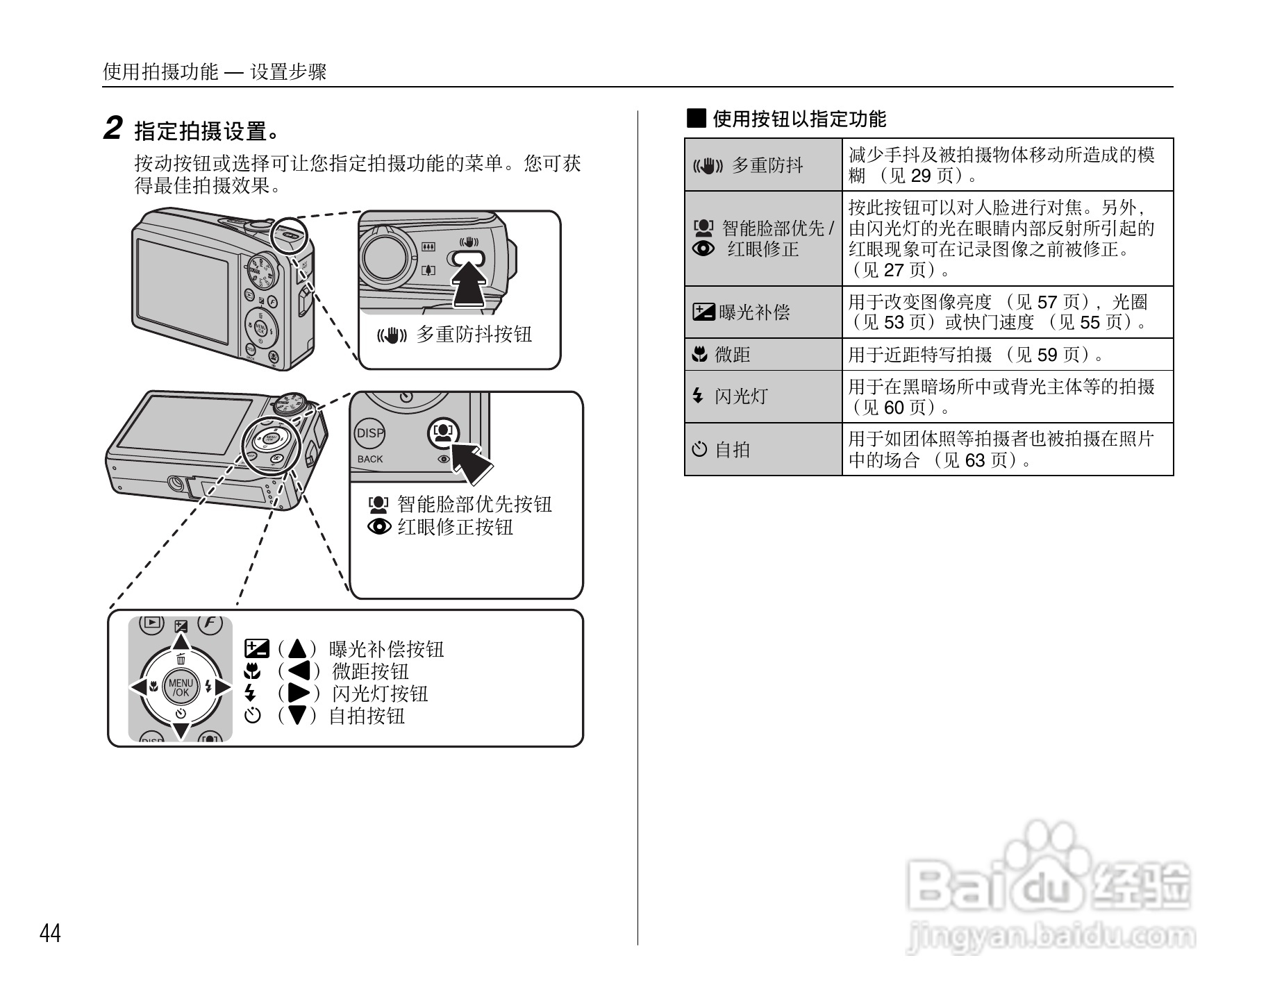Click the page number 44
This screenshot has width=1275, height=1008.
pyautogui.click(x=50, y=934)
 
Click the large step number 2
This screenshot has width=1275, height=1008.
pyautogui.click(x=113, y=129)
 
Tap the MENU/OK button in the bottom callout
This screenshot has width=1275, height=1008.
pyautogui.click(x=181, y=687)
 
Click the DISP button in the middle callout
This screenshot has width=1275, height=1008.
pyautogui.click(x=369, y=434)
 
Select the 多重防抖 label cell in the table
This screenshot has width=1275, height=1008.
pyautogui.click(x=763, y=165)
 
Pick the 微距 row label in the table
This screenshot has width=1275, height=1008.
pyautogui.click(x=763, y=355)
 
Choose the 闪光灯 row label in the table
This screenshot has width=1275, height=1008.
pyautogui.click(x=763, y=396)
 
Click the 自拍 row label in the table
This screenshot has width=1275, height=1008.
pyautogui.click(x=763, y=450)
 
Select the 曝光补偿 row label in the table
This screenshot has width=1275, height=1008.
pyautogui.click(x=763, y=312)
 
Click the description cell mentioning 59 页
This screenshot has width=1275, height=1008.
pyautogui.click(x=1007, y=355)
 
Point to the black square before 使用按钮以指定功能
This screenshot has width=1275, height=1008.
pyautogui.click(x=697, y=119)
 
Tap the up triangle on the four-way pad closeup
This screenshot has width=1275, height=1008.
pyautogui.click(x=181, y=641)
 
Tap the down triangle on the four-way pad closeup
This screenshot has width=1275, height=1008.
pyautogui.click(x=181, y=731)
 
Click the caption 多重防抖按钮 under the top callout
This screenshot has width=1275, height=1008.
pyautogui.click(x=474, y=335)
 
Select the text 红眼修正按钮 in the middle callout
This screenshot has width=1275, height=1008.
pyautogui.click(x=455, y=528)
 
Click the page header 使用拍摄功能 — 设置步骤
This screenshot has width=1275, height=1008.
pyautogui.click(x=215, y=72)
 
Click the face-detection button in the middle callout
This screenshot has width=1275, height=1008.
pyautogui.click(x=443, y=434)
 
